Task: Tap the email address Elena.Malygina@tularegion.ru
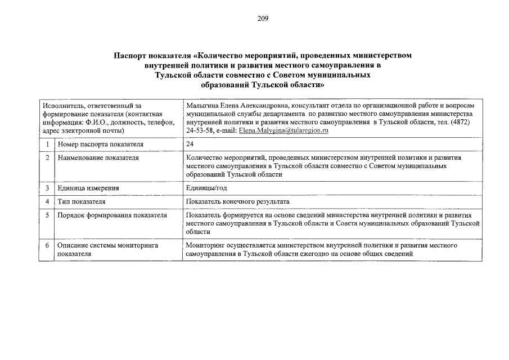[283, 130]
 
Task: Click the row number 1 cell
[48, 145]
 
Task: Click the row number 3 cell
[48, 188]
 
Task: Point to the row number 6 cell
[48, 246]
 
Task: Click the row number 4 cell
[48, 201]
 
